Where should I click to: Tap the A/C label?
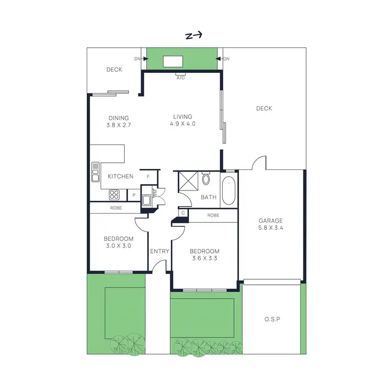181,78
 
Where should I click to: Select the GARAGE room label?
271,221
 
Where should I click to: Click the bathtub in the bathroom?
228,190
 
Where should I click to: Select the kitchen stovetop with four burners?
114,195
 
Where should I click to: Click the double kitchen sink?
95,172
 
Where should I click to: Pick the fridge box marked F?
148,177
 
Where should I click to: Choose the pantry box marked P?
133,195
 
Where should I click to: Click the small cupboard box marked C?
183,212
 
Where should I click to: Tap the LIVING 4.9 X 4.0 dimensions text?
183,124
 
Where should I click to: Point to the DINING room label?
119,118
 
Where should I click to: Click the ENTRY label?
160,251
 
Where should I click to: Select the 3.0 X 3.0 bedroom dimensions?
119,246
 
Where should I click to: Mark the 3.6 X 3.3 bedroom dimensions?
205,258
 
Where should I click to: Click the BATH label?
208,197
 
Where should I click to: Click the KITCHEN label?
121,176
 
